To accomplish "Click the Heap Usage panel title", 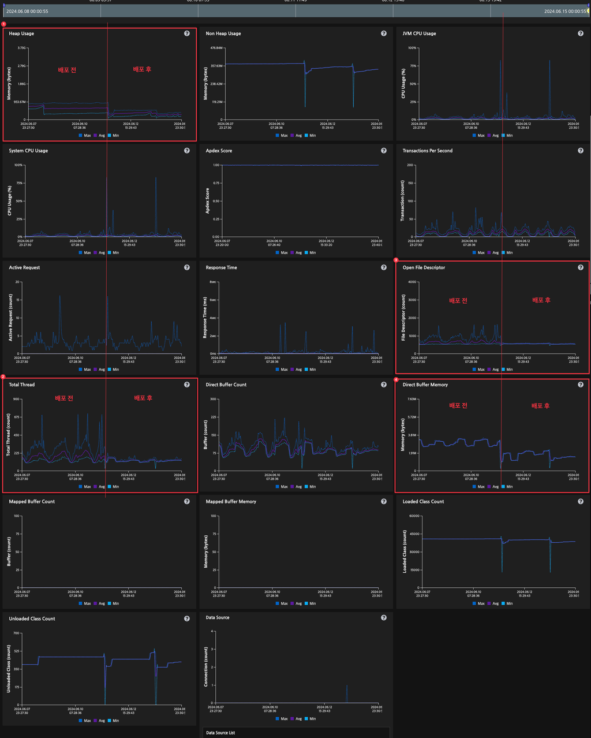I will (21, 33).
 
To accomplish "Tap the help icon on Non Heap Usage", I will (384, 33).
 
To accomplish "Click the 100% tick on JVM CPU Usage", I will (412, 48).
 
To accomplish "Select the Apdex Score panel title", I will (219, 151).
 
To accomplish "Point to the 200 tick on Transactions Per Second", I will (411, 165).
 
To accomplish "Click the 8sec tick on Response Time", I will (212, 282).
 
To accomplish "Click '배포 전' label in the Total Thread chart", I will (63, 398).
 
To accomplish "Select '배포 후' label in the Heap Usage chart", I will (142, 69).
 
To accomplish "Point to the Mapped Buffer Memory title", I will (231, 502).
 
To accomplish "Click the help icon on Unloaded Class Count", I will (187, 618).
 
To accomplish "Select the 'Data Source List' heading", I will (221, 733).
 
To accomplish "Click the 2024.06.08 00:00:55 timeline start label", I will (27, 11).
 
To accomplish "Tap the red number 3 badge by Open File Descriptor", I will (396, 260).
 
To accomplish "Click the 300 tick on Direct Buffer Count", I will (214, 399).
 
